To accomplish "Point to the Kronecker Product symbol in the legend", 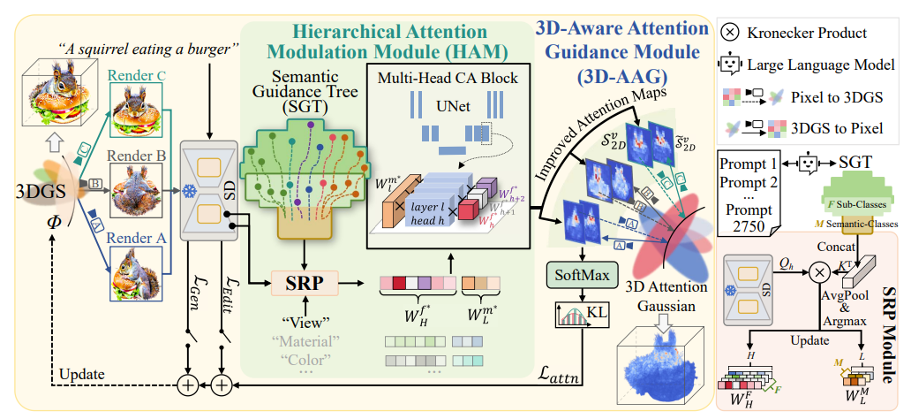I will (x=731, y=34).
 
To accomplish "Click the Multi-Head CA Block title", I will (x=448, y=78).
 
